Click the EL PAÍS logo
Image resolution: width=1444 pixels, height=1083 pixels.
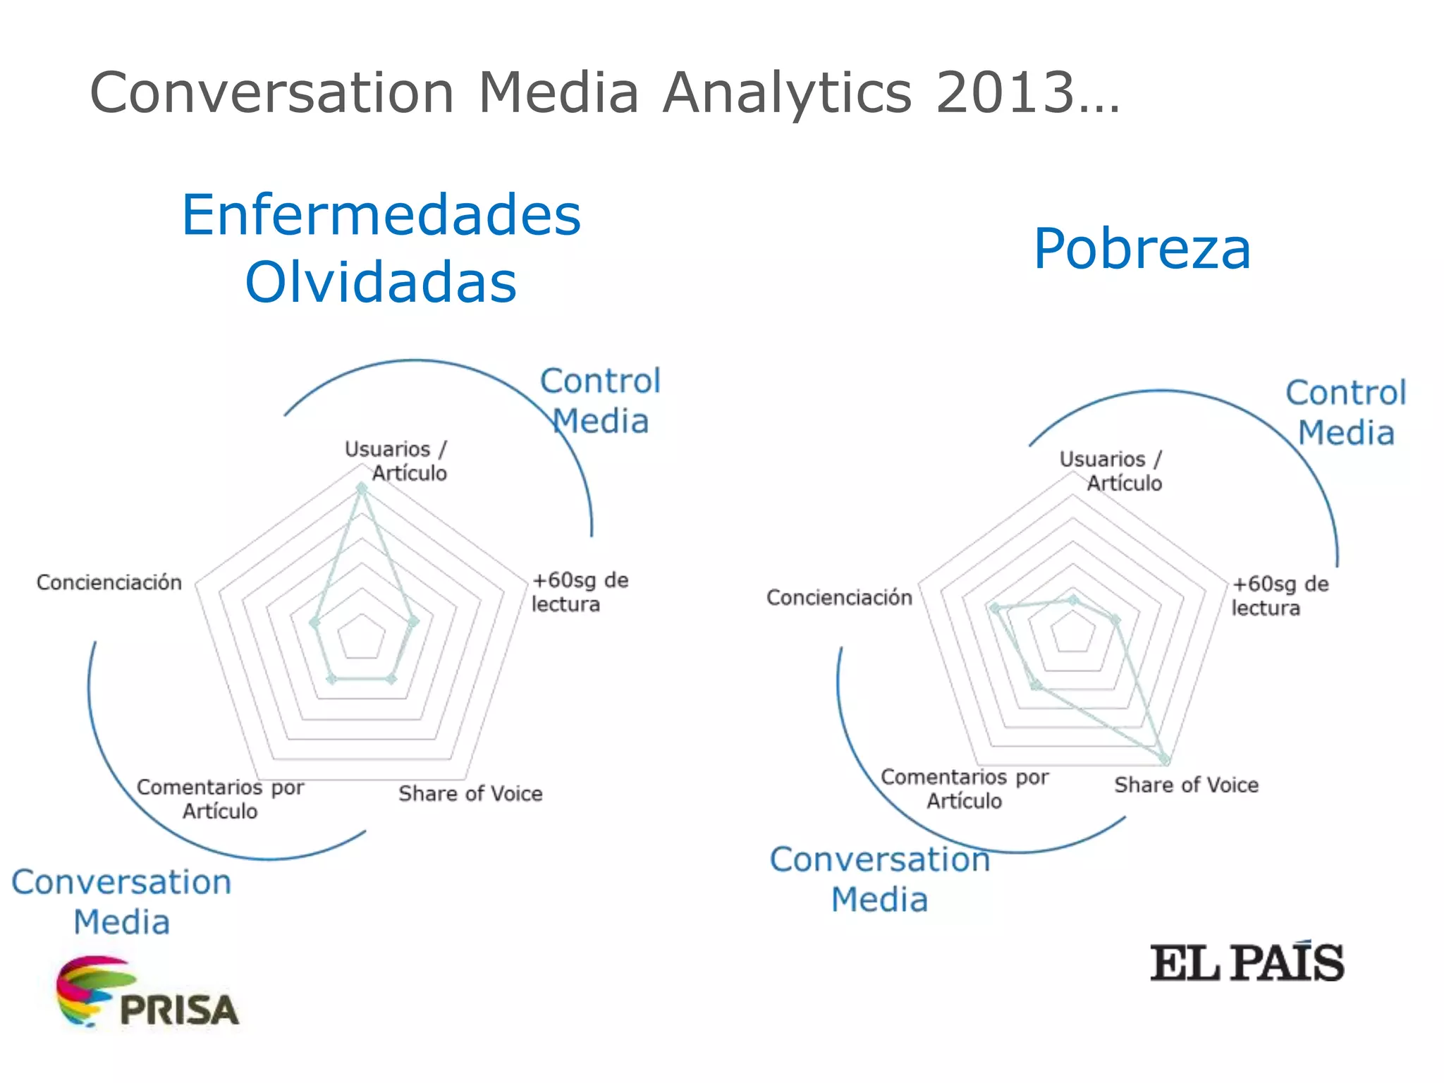coord(1247,962)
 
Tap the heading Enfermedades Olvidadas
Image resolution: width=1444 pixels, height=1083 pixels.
coord(381,247)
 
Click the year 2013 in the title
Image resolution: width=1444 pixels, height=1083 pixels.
coord(1005,92)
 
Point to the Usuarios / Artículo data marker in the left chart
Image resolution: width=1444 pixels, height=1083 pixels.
coord(362,488)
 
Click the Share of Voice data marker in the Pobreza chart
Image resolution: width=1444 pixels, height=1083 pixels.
coord(1165,759)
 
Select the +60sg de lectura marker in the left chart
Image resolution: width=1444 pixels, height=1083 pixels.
coord(414,621)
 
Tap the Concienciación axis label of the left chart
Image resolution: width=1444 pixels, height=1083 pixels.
coord(109,582)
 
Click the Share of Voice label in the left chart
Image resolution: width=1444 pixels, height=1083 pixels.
coord(470,794)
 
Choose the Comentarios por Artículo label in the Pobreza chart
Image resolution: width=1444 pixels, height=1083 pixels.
coord(965,789)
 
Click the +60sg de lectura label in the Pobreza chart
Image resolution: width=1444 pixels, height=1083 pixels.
coord(1279,596)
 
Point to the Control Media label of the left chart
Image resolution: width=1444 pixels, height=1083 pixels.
coord(601,400)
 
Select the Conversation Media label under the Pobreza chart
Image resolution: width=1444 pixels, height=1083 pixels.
coord(879,879)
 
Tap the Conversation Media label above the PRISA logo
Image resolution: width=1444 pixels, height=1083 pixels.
coord(121,902)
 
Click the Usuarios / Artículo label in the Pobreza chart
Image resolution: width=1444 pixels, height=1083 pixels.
coord(1110,471)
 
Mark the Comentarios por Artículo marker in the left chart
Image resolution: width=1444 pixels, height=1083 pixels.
coord(331,679)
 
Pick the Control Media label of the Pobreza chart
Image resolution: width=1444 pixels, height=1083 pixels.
coord(1346,412)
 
